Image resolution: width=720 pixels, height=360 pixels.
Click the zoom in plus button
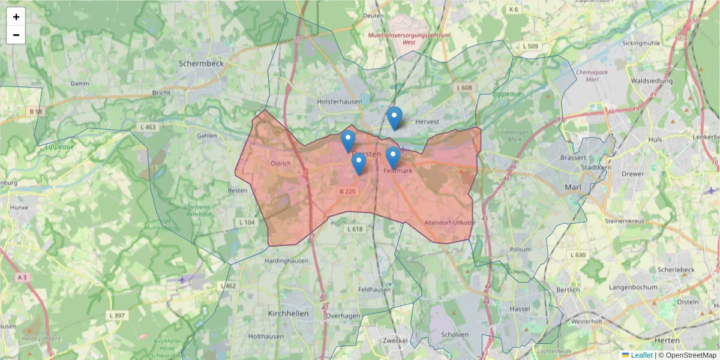point(16,17)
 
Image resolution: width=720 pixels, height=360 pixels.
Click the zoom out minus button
point(16,35)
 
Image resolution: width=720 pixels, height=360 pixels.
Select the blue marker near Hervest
point(394,117)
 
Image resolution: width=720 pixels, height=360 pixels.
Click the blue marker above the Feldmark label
point(392,157)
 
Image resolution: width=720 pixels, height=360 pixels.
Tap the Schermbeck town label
point(200,62)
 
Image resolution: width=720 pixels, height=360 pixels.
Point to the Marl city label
point(573,187)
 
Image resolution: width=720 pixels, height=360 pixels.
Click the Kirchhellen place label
point(288,313)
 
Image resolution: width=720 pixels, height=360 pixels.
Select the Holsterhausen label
point(340,101)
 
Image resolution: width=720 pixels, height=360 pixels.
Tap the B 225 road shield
point(347,191)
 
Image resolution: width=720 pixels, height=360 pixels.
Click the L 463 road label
point(148,127)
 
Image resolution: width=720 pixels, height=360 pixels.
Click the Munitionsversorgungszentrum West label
point(401,38)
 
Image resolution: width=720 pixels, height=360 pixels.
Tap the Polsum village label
point(520,249)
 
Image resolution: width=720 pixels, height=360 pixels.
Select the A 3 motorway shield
point(23,277)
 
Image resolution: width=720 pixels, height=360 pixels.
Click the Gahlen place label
point(206,136)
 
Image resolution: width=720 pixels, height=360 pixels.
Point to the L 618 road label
point(355,229)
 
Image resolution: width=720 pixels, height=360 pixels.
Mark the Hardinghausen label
point(286,260)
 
